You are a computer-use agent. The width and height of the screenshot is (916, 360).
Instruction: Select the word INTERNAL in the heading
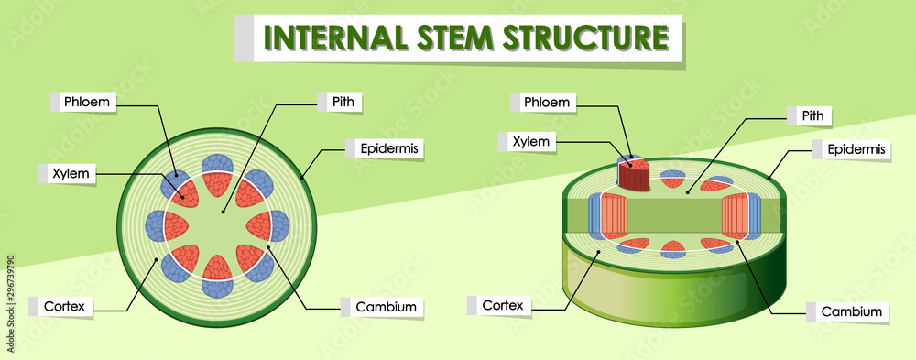pos(332,38)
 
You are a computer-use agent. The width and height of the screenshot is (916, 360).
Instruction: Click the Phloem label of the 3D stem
pos(546,102)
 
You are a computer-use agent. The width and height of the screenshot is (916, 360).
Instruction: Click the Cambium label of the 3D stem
pos(851,312)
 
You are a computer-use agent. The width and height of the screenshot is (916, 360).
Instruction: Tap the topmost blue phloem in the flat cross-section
pos(217,164)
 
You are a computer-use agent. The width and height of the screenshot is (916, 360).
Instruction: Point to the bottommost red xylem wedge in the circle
pos(217,267)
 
